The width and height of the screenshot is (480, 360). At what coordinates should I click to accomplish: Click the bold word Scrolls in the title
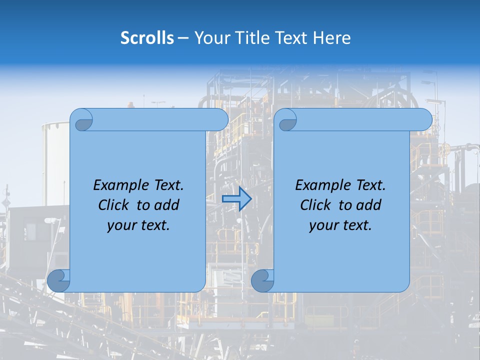pos(147,38)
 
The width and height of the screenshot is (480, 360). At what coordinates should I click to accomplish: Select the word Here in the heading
pos(331,38)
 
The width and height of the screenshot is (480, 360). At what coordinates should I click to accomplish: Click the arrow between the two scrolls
pos(236,199)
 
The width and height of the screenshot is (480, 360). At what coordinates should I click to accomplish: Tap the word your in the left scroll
pos(121,225)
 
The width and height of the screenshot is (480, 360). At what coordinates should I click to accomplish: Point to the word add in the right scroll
pos(369,205)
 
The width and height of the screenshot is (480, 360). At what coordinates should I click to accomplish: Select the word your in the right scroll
pos(323,225)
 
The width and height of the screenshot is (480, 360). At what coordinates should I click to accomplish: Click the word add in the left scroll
pos(167,205)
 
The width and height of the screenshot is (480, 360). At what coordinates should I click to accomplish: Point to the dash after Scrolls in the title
pos(183,38)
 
